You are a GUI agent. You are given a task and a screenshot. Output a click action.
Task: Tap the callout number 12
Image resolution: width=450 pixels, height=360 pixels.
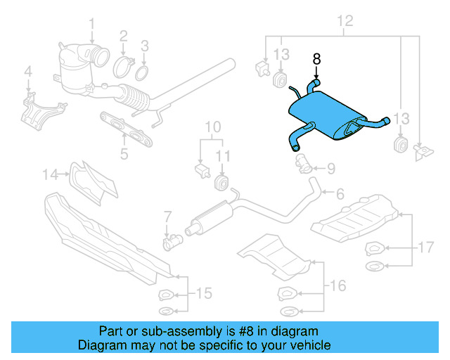(343, 20)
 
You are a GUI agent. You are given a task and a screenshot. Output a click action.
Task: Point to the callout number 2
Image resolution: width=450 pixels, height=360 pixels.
(123, 35)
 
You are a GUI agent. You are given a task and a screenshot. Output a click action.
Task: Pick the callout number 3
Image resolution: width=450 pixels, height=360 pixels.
(145, 46)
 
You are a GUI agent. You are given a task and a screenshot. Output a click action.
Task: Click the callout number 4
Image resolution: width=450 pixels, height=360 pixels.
(28, 70)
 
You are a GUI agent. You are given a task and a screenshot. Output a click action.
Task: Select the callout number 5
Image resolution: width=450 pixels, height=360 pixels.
(124, 152)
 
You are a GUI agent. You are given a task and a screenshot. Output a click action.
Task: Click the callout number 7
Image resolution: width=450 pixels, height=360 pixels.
(212, 127)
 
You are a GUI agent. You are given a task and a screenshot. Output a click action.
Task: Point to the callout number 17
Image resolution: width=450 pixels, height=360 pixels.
(125, 68)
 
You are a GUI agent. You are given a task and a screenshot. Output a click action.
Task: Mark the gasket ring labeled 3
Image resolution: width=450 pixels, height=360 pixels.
(167, 216)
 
